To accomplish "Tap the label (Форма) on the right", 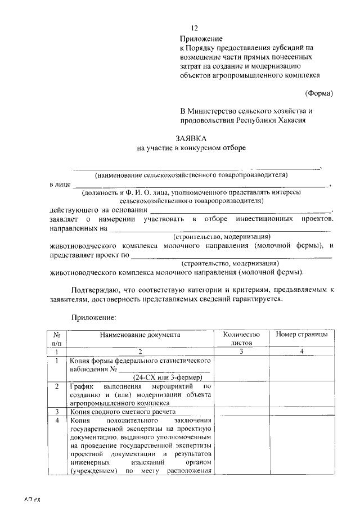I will pyautogui.click(x=319, y=93).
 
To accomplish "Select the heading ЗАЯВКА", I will pyautogui.click(x=192, y=138).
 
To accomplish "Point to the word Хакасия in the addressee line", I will pyautogui.click(x=292, y=120).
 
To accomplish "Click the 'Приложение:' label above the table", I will pyautogui.click(x=93, y=317).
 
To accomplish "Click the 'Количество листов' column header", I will pyautogui.click(x=242, y=339).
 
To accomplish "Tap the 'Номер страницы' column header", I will pyautogui.click(x=301, y=335).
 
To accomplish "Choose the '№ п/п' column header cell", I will pyautogui.click(x=56, y=339).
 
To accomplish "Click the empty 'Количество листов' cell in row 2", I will pyautogui.click(x=242, y=395).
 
